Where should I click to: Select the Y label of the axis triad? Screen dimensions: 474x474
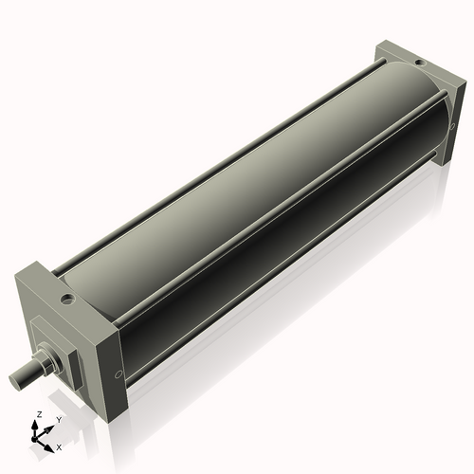pyautogui.click(x=60, y=419)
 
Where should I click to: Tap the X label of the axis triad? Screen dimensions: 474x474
pyautogui.click(x=59, y=446)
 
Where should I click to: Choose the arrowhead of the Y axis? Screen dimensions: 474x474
pyautogui.click(x=50, y=427)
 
